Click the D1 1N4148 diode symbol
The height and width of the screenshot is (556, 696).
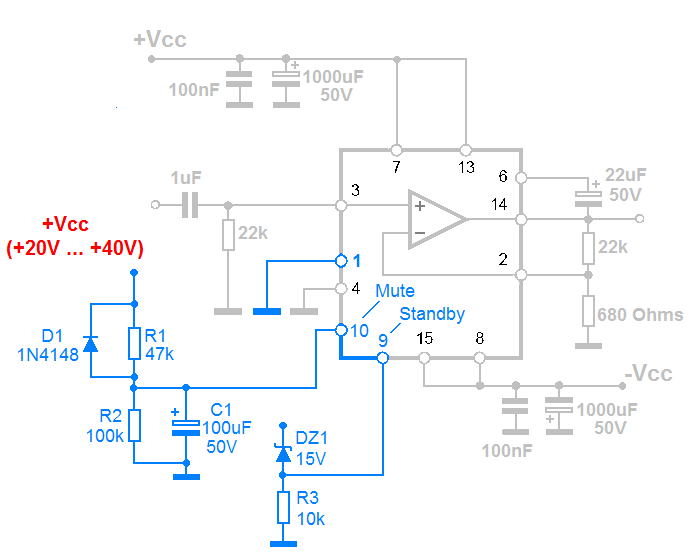coord(91,344)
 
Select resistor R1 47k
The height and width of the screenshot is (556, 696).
coord(134,343)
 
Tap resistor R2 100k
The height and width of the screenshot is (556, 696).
coord(134,425)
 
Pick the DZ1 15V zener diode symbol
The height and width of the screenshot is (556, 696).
coord(283,455)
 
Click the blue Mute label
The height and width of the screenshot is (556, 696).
coord(396,291)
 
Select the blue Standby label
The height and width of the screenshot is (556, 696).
coord(432,314)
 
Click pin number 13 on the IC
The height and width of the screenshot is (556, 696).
coord(466,167)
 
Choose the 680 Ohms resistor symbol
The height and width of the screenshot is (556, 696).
coord(590,312)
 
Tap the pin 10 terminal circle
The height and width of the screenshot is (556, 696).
coord(341,330)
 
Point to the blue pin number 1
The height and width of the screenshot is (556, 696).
coord(357,260)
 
